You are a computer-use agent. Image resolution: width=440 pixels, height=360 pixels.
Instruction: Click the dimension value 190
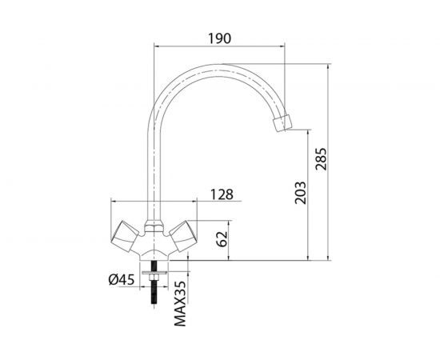218,37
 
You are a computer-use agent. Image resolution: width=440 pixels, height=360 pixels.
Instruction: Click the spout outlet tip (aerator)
282,123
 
